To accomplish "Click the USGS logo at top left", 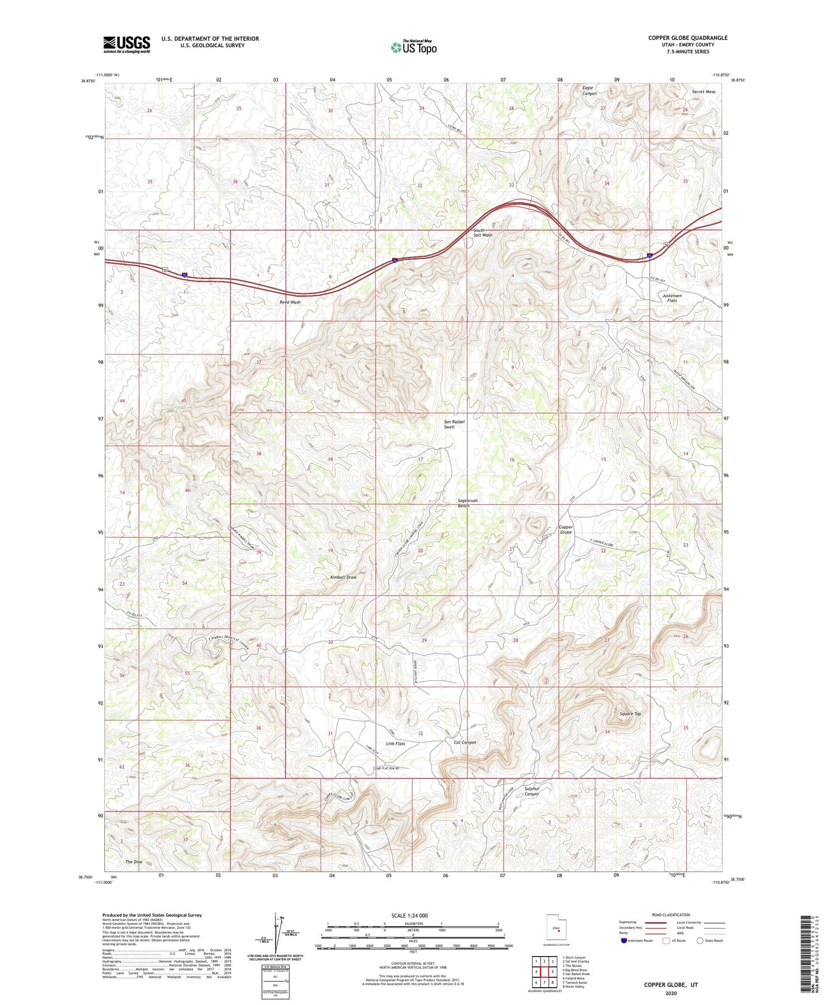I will point(127,44).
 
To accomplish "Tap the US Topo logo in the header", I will point(413,47).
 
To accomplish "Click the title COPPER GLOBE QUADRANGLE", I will point(687,38).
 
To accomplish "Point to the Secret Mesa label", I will point(703,92).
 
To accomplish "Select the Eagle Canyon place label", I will point(589,90).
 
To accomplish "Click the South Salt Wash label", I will point(483,233).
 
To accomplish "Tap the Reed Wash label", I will point(290,302).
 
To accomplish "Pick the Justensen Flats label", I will point(672,298).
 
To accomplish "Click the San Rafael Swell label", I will point(454,424).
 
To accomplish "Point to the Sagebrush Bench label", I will point(467,503).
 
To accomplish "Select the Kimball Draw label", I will point(343,577).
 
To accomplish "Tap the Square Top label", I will point(630,714).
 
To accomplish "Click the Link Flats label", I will point(396,744).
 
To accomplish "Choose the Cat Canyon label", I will point(465,743).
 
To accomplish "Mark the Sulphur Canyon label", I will point(531,791).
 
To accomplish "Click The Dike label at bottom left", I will point(134,862).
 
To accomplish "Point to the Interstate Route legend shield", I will point(625,941).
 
